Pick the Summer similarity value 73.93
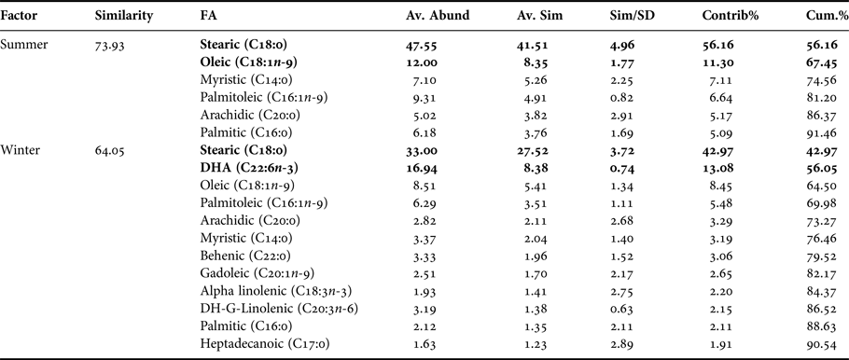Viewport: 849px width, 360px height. [112, 44]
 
